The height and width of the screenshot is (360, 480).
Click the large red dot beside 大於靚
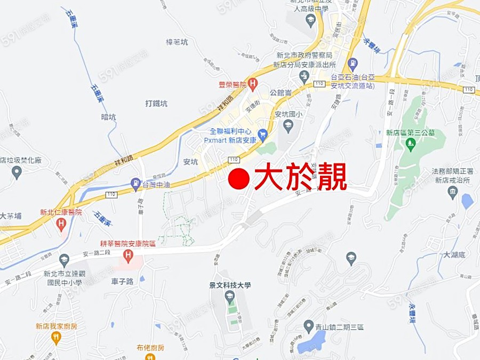[x=239, y=179]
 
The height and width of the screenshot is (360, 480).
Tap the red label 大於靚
[x=300, y=178]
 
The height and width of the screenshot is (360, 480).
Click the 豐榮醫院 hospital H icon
[x=253, y=83]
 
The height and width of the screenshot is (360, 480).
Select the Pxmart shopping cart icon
[x=262, y=133]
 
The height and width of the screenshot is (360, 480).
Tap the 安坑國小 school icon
[x=288, y=126]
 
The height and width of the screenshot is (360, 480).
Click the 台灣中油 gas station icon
[x=135, y=185]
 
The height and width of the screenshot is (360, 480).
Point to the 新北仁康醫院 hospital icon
[x=61, y=224]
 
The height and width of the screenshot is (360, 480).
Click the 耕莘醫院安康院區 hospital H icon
[x=127, y=255]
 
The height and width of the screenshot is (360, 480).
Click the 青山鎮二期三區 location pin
[x=308, y=325]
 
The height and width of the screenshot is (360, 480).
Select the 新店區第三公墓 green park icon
[x=410, y=143]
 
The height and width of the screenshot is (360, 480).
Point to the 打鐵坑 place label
[x=156, y=103]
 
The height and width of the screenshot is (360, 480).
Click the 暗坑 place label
[x=108, y=117]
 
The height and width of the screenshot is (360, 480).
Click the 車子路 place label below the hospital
[x=122, y=281]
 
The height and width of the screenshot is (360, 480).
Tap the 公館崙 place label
[x=280, y=92]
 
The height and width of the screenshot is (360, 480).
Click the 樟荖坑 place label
[x=177, y=42]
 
